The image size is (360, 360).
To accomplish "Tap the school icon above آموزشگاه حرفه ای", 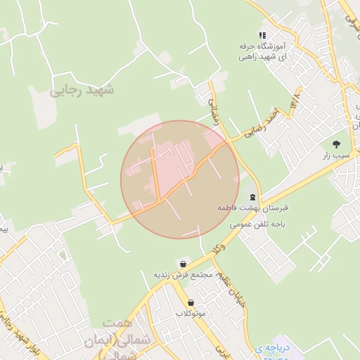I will coord(262,34).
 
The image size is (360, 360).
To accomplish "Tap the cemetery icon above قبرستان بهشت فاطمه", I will coord(253,198).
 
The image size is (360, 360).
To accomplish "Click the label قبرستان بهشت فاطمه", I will coord(254,209).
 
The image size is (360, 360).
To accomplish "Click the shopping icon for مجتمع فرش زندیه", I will coord(184,263).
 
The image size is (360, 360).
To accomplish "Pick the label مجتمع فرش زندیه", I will coord(184,274).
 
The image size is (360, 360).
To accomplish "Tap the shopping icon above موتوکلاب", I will coord(191,302).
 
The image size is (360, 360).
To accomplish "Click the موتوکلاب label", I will coord(191,313).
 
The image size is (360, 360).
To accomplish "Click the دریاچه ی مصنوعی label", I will coord(271,352).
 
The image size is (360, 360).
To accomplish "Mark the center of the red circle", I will coord(180,180).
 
